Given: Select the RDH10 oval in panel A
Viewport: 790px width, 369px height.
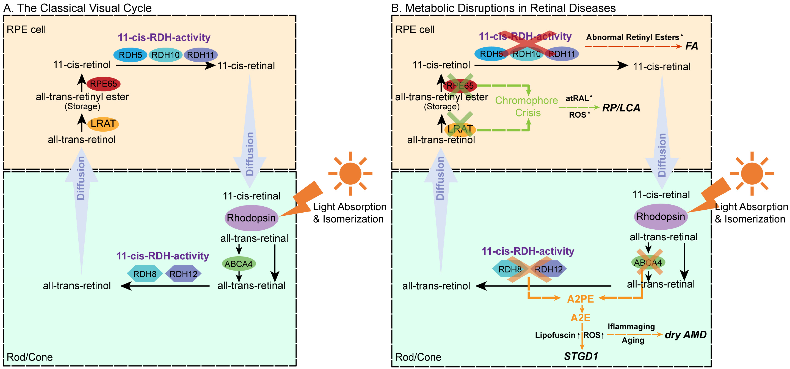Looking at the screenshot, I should point(165,55).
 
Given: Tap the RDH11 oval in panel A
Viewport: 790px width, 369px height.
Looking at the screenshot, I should point(201,55).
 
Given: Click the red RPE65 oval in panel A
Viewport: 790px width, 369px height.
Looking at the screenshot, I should point(103,84).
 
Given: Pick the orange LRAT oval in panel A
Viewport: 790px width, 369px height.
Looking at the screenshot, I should point(103,124).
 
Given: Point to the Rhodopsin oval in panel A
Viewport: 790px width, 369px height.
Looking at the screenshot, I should point(251,218).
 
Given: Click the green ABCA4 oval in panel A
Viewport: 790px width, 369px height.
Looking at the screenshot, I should point(239,264).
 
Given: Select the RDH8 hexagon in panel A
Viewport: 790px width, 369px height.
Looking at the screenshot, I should point(145,274).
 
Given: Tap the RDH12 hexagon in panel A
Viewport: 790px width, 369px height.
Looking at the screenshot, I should point(183,274).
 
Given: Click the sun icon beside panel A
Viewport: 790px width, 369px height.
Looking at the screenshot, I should point(350,174).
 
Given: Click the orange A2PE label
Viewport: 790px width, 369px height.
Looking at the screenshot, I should point(580,299).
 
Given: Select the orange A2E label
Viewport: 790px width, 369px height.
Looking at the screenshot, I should point(580,318).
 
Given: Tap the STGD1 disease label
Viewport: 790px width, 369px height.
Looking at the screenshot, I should point(581,356).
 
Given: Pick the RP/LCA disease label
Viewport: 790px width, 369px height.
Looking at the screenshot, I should point(621,108).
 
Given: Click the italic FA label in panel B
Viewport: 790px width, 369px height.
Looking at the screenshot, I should point(691,46).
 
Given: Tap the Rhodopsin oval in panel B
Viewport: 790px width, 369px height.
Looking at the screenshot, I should point(660,217).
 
